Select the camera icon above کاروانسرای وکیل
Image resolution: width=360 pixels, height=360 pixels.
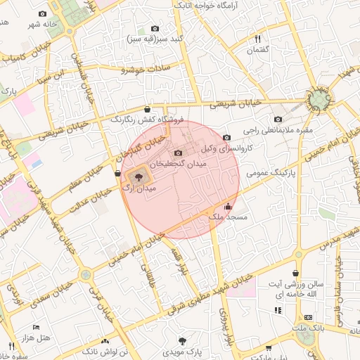(226, 138)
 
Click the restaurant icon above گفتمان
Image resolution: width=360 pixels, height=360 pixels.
(258, 39)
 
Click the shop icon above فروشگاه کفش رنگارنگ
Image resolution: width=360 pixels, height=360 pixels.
(146, 109)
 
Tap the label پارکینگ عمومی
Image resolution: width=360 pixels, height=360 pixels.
(274, 172)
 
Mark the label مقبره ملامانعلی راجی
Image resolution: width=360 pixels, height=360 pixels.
(278, 130)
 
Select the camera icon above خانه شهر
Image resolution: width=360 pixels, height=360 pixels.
(43, 14)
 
